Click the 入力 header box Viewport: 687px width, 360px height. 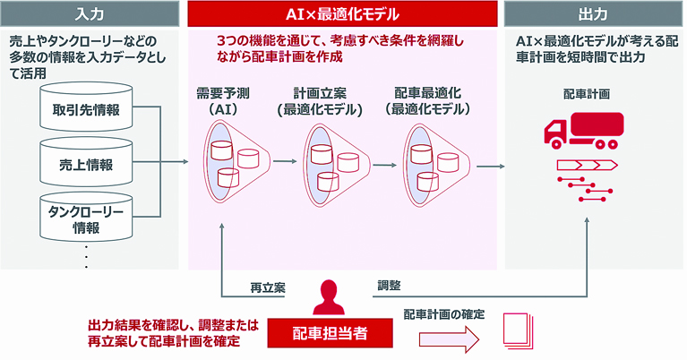pos(90,14)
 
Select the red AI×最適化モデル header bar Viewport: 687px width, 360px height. pos(342,14)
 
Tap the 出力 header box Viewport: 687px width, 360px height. pos(593,14)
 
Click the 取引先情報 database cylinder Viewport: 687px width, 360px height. pos(86,107)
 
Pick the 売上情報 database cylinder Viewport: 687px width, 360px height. pos(86,161)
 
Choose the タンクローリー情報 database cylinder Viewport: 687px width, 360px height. pos(86,218)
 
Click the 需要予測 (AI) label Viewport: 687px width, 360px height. pos(223,100)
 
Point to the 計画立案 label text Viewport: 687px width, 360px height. pos(320,93)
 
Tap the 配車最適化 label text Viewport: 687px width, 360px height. pos(427,93)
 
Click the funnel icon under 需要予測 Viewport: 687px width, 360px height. pos(236,161)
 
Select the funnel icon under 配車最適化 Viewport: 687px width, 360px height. pos(435,164)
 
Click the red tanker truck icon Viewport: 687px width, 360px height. pos(584,130)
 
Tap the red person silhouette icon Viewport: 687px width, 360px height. pos(331,297)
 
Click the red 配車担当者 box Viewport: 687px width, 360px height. pos(330,333)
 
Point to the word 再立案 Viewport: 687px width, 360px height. pos(268,287)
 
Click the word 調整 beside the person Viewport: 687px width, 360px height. pos(389,286)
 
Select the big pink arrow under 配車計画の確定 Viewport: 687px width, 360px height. pos(449,339)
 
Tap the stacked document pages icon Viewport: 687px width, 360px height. pos(518,330)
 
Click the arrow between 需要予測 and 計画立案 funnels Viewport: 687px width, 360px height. pos(285,161)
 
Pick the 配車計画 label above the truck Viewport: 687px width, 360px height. pos(587,94)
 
